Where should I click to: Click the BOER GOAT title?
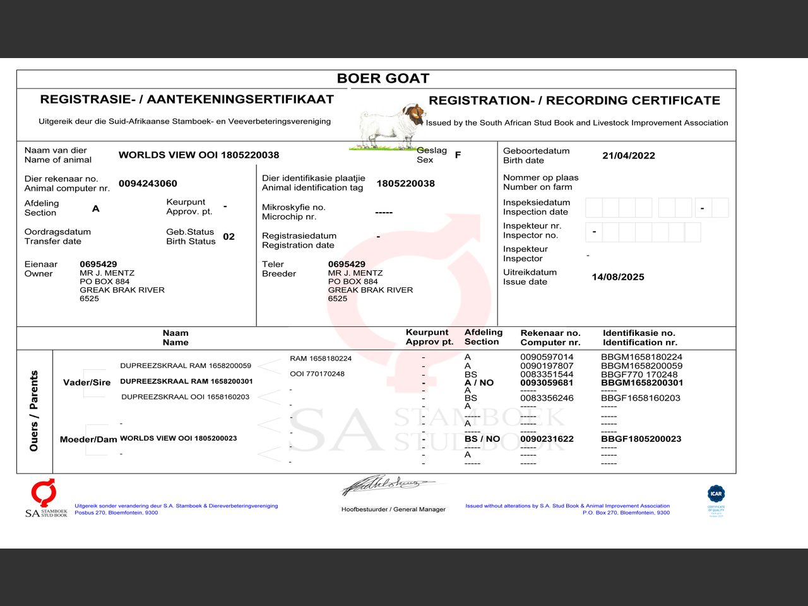click(x=383, y=78)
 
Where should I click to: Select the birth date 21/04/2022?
click(x=628, y=156)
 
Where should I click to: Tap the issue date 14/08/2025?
click(x=617, y=277)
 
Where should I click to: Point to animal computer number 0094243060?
click(x=148, y=184)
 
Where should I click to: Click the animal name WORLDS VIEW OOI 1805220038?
click(x=198, y=155)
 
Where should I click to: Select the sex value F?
click(x=458, y=155)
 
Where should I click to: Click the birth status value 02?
click(x=229, y=237)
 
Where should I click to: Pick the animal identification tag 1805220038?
click(x=405, y=184)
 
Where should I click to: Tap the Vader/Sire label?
click(x=86, y=383)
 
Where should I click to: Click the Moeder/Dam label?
click(x=88, y=439)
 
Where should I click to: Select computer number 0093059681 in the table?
click(x=547, y=383)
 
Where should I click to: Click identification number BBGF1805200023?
click(x=641, y=439)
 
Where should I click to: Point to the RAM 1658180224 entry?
click(x=321, y=359)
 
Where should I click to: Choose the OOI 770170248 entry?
click(x=317, y=374)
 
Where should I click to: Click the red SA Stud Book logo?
click(x=44, y=493)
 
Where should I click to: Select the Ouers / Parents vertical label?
click(x=34, y=411)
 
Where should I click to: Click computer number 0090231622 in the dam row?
click(x=547, y=439)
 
